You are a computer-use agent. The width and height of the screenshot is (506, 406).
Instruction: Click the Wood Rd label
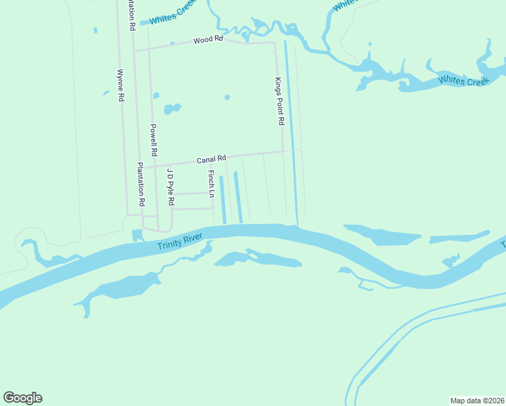[208, 40]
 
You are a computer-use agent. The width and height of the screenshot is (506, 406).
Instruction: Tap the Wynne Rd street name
[120, 85]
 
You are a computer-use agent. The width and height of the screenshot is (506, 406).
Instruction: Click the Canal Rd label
[210, 160]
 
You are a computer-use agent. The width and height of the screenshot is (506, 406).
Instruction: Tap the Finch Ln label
[211, 183]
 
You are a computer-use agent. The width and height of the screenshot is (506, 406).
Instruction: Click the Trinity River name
[180, 241]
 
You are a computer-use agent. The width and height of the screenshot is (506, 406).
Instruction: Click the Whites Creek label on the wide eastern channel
[463, 81]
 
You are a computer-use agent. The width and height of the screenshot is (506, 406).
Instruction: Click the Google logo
[22, 398]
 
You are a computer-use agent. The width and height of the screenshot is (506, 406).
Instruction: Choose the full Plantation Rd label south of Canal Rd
[141, 184]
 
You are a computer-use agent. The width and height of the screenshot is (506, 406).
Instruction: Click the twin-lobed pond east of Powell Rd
[172, 108]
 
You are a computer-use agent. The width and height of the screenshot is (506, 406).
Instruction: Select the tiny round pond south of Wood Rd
[227, 97]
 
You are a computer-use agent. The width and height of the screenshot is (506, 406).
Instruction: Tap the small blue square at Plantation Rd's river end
[137, 235]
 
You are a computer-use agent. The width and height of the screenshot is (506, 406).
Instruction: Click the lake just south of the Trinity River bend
[257, 259]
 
